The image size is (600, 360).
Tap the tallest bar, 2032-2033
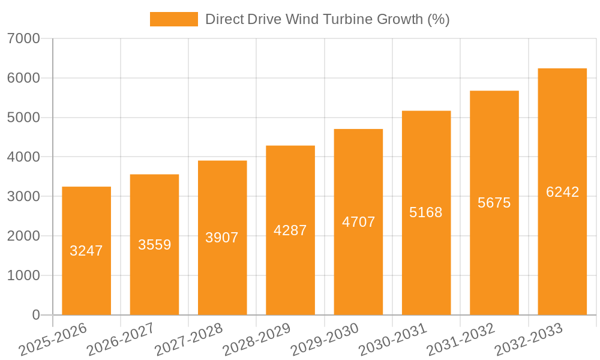(x=562, y=252)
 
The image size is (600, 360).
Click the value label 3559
(x=155, y=245)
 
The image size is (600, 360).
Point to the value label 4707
(x=359, y=222)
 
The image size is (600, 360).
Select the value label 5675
(x=494, y=203)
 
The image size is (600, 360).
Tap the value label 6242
(x=563, y=192)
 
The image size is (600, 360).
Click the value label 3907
(x=222, y=238)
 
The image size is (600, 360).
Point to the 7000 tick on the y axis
(x=24, y=38)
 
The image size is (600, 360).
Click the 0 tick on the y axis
(x=36, y=315)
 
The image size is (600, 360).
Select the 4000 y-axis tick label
(x=24, y=157)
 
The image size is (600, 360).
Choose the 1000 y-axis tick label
(x=24, y=275)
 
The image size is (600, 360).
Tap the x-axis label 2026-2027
(x=121, y=340)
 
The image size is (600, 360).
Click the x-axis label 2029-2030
(x=325, y=340)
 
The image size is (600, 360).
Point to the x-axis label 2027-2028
(x=188, y=340)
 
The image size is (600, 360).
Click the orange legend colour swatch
(x=174, y=19)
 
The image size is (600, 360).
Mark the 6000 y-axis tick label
(x=24, y=78)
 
